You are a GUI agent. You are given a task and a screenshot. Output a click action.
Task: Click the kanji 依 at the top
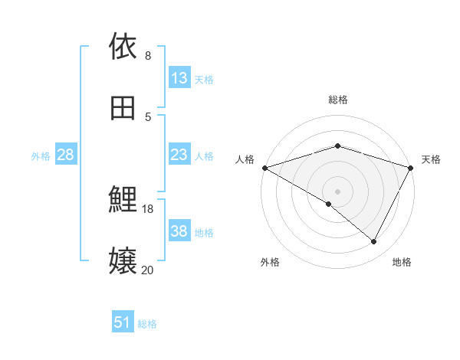pos(123,47)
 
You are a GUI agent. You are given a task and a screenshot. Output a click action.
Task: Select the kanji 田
pos(123,108)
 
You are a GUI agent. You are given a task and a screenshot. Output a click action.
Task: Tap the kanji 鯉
pos(123,201)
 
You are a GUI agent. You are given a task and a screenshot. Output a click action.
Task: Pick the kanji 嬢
pos(123,261)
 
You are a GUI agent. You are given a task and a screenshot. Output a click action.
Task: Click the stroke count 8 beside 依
pos(148,56)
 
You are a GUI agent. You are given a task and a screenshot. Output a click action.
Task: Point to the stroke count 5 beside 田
pos(148,117)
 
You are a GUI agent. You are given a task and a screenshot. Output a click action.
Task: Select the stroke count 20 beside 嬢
pos(148,270)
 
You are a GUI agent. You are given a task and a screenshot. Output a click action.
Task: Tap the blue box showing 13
pos(179,78)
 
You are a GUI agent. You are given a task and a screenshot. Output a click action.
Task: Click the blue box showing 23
pos(179,155)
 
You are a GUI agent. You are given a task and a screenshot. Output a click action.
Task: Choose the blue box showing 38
pos(179,231)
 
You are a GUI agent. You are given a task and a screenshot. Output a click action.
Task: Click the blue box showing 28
pos(66,155)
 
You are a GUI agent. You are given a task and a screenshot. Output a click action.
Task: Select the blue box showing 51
pos(123,323)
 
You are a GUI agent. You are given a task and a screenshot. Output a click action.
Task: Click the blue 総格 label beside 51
pos(147,324)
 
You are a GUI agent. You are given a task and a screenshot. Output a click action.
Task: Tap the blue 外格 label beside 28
pos(41,156)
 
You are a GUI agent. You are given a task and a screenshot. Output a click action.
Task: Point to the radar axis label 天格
pos(432,159)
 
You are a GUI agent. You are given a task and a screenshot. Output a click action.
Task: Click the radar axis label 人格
pos(245,159)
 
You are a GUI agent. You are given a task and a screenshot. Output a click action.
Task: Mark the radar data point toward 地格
pos(374,242)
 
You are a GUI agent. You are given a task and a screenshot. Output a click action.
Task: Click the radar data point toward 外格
pos(329,204)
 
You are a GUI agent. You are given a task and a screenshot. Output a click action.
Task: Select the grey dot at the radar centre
pos(338,191)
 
